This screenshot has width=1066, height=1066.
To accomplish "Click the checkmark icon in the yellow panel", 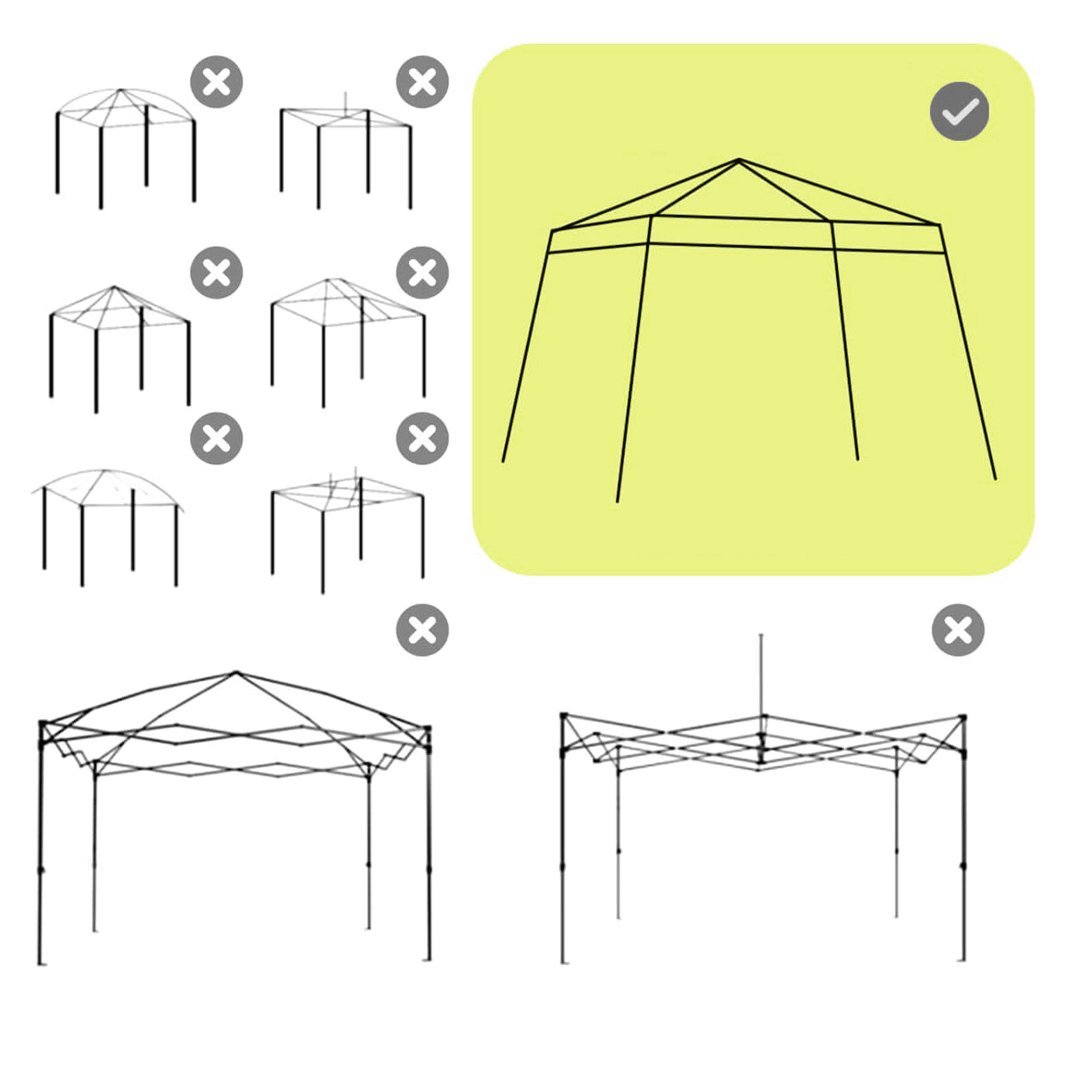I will point(959,111).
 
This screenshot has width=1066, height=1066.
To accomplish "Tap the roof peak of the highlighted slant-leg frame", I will point(739,160).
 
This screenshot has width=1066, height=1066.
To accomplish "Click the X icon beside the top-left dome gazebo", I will point(216,82).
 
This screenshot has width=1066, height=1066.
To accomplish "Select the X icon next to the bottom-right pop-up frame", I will point(958,630).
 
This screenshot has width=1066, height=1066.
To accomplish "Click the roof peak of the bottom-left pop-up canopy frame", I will point(236,673).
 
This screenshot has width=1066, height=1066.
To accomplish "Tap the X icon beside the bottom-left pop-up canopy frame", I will point(422,630).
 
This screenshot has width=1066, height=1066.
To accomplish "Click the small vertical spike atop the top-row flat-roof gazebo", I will point(345,101).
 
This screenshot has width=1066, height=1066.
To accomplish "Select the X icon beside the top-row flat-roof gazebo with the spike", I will point(422,82).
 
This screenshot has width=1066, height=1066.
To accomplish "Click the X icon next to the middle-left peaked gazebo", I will point(216,272).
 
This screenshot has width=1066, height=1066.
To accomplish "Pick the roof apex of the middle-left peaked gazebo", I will point(114,287).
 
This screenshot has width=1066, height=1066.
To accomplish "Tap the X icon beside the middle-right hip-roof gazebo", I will point(422,272).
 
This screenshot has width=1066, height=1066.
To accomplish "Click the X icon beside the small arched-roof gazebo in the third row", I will point(216,439).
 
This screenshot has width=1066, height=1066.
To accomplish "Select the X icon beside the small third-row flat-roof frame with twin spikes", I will point(422,439).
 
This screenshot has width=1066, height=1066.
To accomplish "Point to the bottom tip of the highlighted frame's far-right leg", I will point(995,479).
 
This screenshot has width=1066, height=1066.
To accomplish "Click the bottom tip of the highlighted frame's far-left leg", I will point(503,461).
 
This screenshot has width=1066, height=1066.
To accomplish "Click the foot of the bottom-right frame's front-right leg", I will point(963,960).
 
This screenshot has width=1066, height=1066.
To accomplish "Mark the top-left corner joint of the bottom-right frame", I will point(563,716).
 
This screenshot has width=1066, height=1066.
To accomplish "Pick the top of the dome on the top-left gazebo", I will point(121,90).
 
